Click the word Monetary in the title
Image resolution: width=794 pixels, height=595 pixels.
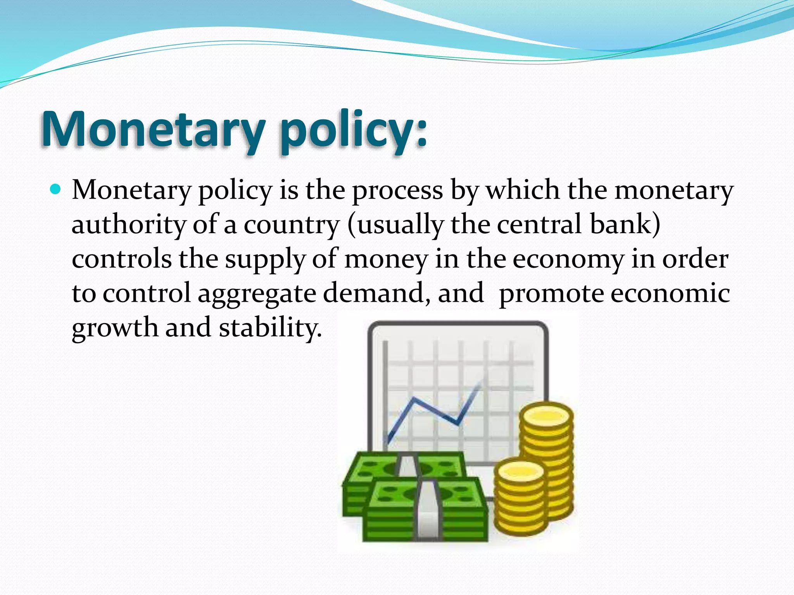[153, 130]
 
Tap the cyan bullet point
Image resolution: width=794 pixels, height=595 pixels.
[56, 190]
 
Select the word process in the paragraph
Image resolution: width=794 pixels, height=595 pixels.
[397, 191]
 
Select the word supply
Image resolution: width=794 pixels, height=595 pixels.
[266, 260]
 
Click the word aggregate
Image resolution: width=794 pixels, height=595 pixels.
[257, 294]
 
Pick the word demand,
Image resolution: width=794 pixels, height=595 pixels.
[377, 293]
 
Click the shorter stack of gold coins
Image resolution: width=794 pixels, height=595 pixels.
[520, 500]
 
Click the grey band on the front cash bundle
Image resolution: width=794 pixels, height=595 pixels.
[428, 511]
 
